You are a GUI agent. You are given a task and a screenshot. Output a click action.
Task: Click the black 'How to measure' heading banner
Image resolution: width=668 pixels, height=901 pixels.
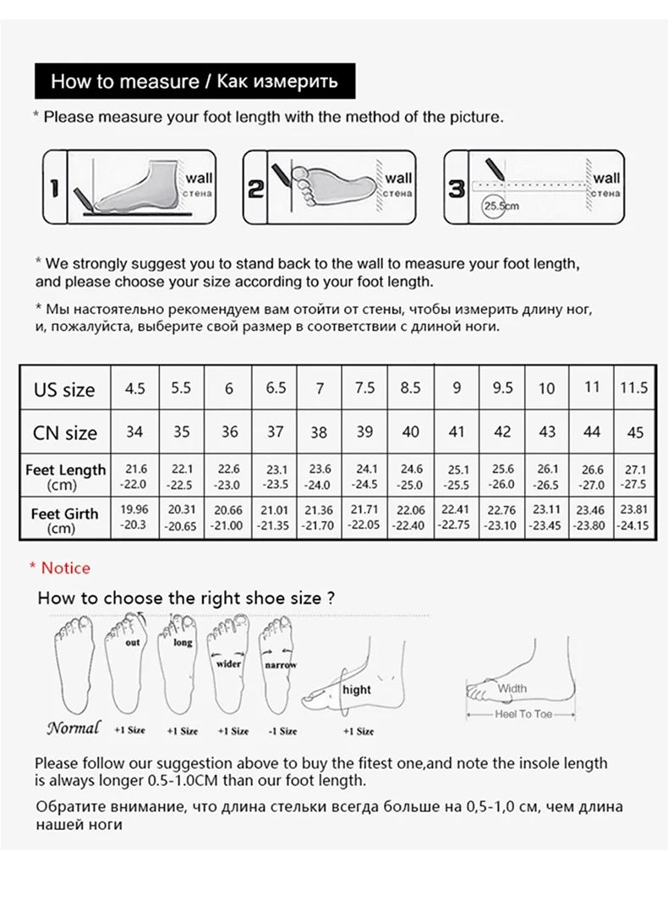[194, 81]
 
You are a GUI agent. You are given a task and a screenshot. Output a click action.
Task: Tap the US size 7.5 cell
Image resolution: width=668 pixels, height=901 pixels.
[364, 388]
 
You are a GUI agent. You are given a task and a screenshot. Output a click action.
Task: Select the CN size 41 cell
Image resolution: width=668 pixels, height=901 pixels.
[457, 431]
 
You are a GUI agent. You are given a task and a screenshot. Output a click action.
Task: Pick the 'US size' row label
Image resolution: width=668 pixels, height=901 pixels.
[64, 390]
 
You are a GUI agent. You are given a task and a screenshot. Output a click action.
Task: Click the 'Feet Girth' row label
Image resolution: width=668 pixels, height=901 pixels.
[64, 520]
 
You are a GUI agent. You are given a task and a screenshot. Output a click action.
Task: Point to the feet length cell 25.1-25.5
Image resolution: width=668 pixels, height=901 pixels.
[457, 477]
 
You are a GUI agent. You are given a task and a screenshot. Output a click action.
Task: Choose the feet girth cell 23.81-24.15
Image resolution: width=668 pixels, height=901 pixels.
[632, 517]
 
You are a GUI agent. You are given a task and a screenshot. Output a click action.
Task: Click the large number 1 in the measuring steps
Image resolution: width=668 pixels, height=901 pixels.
[54, 188]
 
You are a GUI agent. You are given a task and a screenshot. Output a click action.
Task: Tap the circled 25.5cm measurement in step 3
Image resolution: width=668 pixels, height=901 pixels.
[500, 206]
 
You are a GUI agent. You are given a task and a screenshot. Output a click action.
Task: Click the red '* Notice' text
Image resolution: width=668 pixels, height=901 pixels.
[59, 568]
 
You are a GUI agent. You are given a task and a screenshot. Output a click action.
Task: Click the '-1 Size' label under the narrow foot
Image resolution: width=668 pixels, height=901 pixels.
[282, 731]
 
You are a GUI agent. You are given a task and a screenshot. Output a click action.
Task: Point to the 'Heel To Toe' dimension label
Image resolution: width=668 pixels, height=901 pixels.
[523, 715]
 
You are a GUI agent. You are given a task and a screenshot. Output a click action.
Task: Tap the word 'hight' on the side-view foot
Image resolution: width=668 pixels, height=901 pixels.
[357, 689]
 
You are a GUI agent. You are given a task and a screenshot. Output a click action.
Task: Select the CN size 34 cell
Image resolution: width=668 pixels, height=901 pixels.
[134, 431]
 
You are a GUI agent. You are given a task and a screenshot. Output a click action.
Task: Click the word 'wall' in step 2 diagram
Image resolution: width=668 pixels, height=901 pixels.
[398, 178]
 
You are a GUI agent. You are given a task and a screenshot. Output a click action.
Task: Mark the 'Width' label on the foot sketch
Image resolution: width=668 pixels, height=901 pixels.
[512, 689]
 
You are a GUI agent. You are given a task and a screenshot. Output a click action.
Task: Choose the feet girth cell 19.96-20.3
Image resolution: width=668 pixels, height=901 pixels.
[134, 517]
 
